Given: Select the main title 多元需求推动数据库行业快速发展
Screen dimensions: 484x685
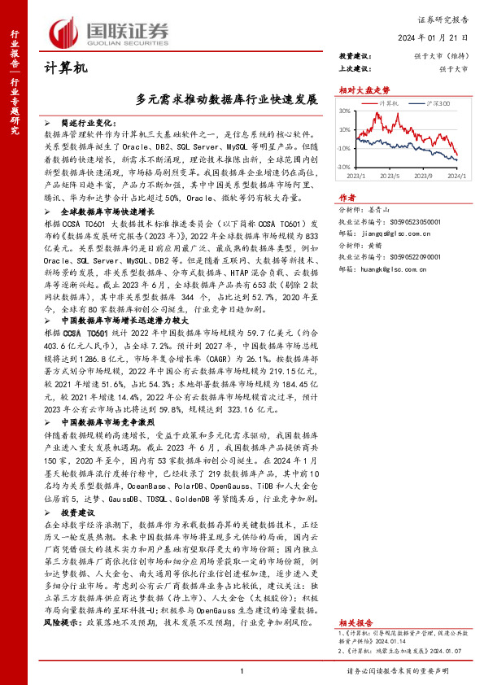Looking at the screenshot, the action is coord(227,101).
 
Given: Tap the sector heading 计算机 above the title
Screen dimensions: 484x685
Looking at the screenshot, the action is coord(59,71).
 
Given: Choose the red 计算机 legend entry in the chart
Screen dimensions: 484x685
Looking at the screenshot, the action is coord(388,105).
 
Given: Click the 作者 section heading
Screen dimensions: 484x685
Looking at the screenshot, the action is coord(347,198).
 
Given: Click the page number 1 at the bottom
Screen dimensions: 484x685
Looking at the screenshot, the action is coord(242,670).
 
